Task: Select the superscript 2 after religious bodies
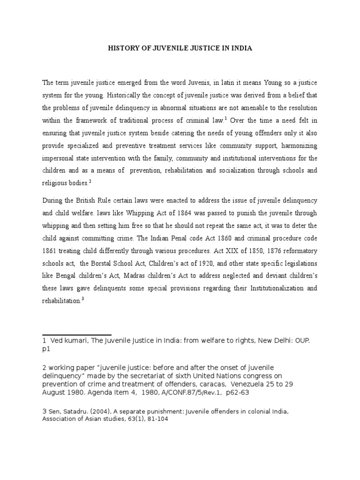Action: tap(90, 180)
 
